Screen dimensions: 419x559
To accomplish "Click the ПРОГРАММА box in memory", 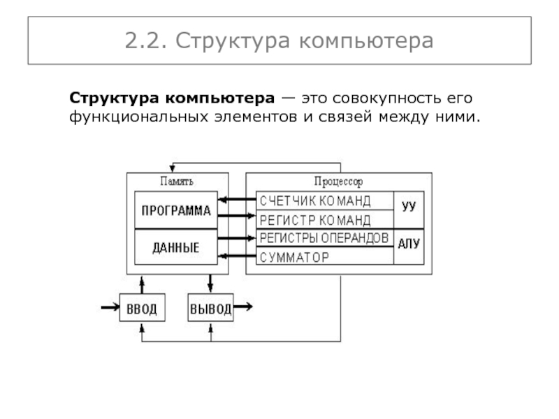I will coord(176,211).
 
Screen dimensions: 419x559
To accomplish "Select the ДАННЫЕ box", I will coord(176,247).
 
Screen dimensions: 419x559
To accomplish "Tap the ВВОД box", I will coord(142,308).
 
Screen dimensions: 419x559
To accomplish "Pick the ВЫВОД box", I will coord(210,308).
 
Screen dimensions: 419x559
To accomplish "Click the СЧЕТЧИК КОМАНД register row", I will coord(324,201).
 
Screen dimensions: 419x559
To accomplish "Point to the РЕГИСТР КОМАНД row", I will coord(324,219).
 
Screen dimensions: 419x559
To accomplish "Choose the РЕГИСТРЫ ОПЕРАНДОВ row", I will coord(324,238).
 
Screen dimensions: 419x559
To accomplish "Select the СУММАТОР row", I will coord(324,256).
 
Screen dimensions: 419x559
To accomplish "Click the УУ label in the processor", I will coord(409,207).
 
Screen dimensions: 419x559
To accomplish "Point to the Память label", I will coord(177,182).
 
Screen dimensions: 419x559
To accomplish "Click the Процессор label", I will coord(338,182).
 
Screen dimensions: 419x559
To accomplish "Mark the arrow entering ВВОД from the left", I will coord(110,307).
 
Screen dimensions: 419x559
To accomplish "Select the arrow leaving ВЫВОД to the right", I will coord(244,307).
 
